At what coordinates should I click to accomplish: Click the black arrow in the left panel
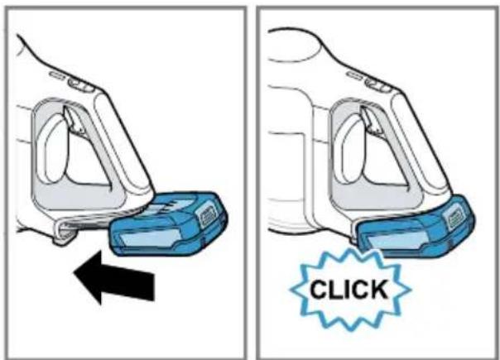115,278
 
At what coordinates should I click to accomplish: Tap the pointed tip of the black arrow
74,272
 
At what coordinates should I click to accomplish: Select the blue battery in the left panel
168,224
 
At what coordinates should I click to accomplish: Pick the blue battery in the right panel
415,227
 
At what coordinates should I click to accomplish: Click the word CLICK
349,289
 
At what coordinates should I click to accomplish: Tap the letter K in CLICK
379,289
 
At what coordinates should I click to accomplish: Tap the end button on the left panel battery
209,217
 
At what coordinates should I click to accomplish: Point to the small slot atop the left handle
57,74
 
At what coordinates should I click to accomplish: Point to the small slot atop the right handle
354,75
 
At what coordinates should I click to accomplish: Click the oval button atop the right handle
378,85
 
